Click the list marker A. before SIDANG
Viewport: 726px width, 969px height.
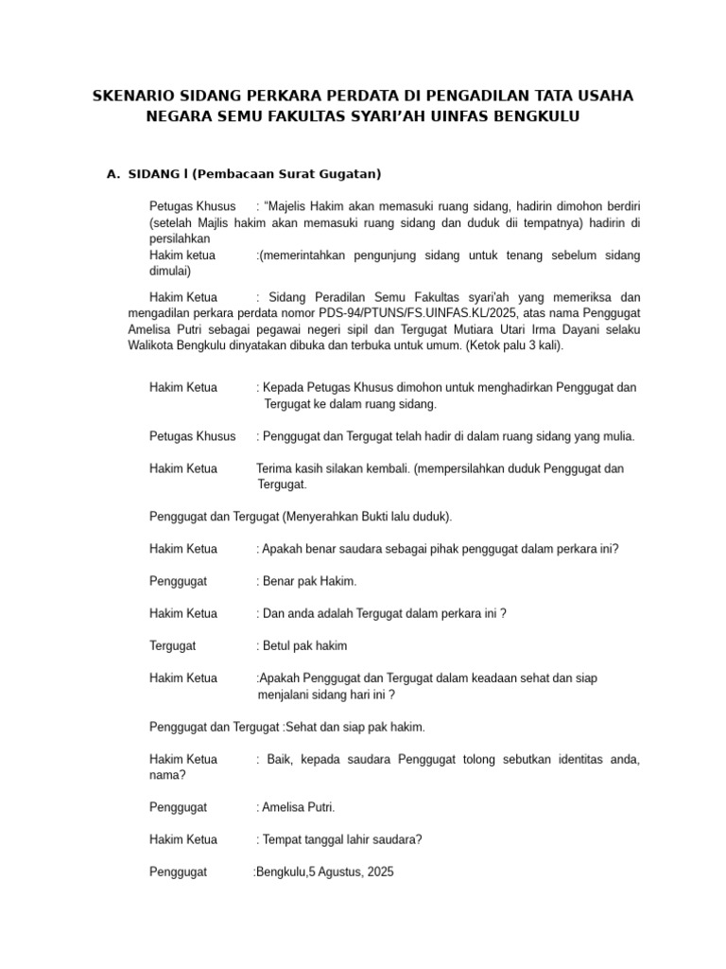(114, 173)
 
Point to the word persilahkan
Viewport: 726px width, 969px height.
(180, 238)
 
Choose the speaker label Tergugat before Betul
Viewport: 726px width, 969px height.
(172, 645)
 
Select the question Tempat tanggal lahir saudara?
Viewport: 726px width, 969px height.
(341, 839)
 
